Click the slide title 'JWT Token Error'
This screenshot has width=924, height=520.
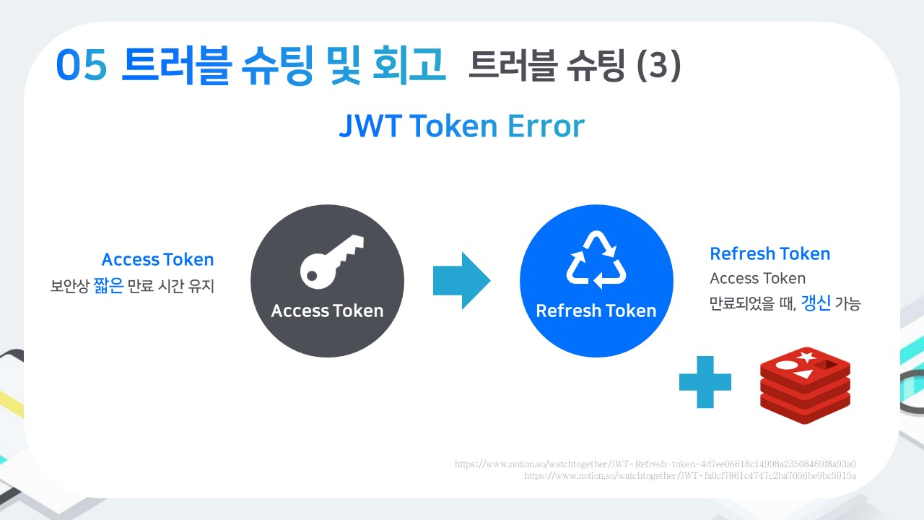461,127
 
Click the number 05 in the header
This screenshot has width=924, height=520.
82,67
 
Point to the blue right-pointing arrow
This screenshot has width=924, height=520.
461,281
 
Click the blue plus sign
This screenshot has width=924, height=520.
705,381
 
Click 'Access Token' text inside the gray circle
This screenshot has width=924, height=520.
327,311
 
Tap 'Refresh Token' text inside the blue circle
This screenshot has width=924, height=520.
596,311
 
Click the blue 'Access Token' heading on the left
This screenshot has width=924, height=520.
157,260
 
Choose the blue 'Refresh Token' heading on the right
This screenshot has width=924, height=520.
770,254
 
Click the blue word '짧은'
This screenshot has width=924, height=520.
108,286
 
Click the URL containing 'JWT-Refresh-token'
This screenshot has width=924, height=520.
655,464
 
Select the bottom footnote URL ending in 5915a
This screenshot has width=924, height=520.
689,476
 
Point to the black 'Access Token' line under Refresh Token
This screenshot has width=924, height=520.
757,279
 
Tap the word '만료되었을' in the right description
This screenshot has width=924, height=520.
744,304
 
